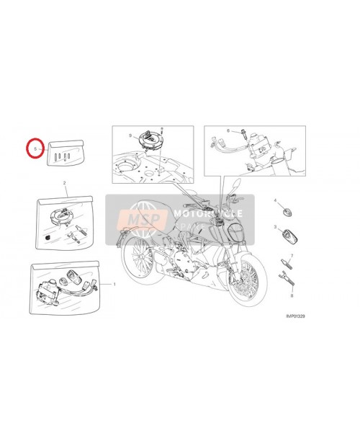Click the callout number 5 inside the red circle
point(35,147)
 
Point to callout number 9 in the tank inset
point(130,135)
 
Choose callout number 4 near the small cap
point(274,198)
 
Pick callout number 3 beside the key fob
point(274,226)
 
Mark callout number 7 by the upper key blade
point(292,255)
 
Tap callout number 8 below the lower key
point(292,295)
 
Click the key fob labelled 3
point(287,236)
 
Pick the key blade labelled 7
point(285,267)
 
